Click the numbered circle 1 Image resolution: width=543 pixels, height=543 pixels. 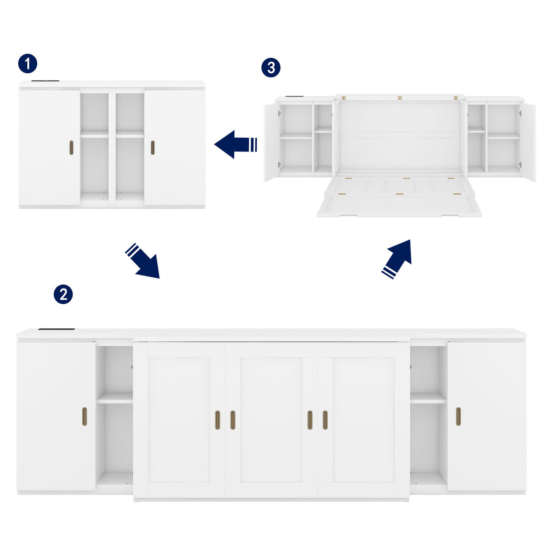click(28, 64)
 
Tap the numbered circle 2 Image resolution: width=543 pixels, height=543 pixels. click(63, 294)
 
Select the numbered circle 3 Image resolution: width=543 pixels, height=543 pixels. click(271, 68)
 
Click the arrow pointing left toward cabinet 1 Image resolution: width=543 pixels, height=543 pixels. click(235, 144)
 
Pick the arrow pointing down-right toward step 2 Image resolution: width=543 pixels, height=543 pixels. click(143, 261)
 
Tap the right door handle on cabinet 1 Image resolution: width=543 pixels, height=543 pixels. click(153, 148)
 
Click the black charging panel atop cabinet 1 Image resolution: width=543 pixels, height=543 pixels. click(45, 81)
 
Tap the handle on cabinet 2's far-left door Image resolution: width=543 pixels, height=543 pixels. click(85, 416)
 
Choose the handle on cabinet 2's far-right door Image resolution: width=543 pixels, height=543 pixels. click(458, 416)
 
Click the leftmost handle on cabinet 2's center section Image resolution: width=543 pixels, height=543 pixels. click(217, 420)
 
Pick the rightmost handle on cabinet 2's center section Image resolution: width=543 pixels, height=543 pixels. click(325, 420)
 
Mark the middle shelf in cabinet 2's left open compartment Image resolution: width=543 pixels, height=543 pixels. click(115, 398)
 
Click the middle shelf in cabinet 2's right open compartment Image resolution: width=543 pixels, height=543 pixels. click(428, 398)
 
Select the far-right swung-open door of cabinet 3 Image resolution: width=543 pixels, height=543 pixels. click(529, 142)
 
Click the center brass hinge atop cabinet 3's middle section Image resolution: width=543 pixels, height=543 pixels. click(399, 97)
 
